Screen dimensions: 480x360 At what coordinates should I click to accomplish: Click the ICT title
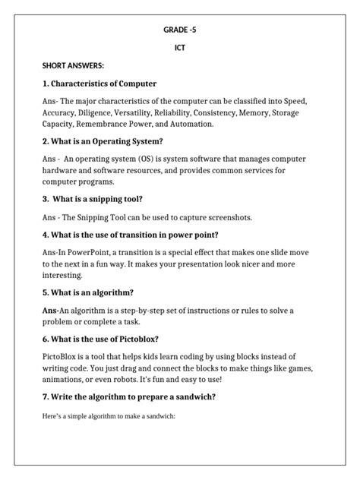[179, 48]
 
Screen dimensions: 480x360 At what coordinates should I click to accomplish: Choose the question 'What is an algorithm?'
[93, 292]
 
